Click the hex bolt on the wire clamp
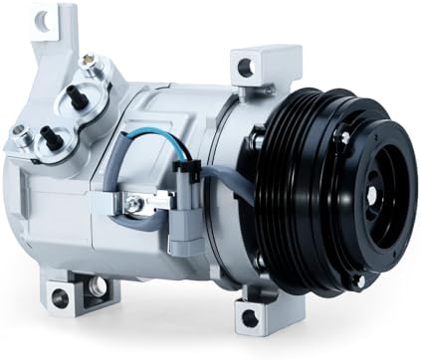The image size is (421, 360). (x=131, y=205)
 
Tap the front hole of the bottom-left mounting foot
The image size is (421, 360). (x=98, y=288)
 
